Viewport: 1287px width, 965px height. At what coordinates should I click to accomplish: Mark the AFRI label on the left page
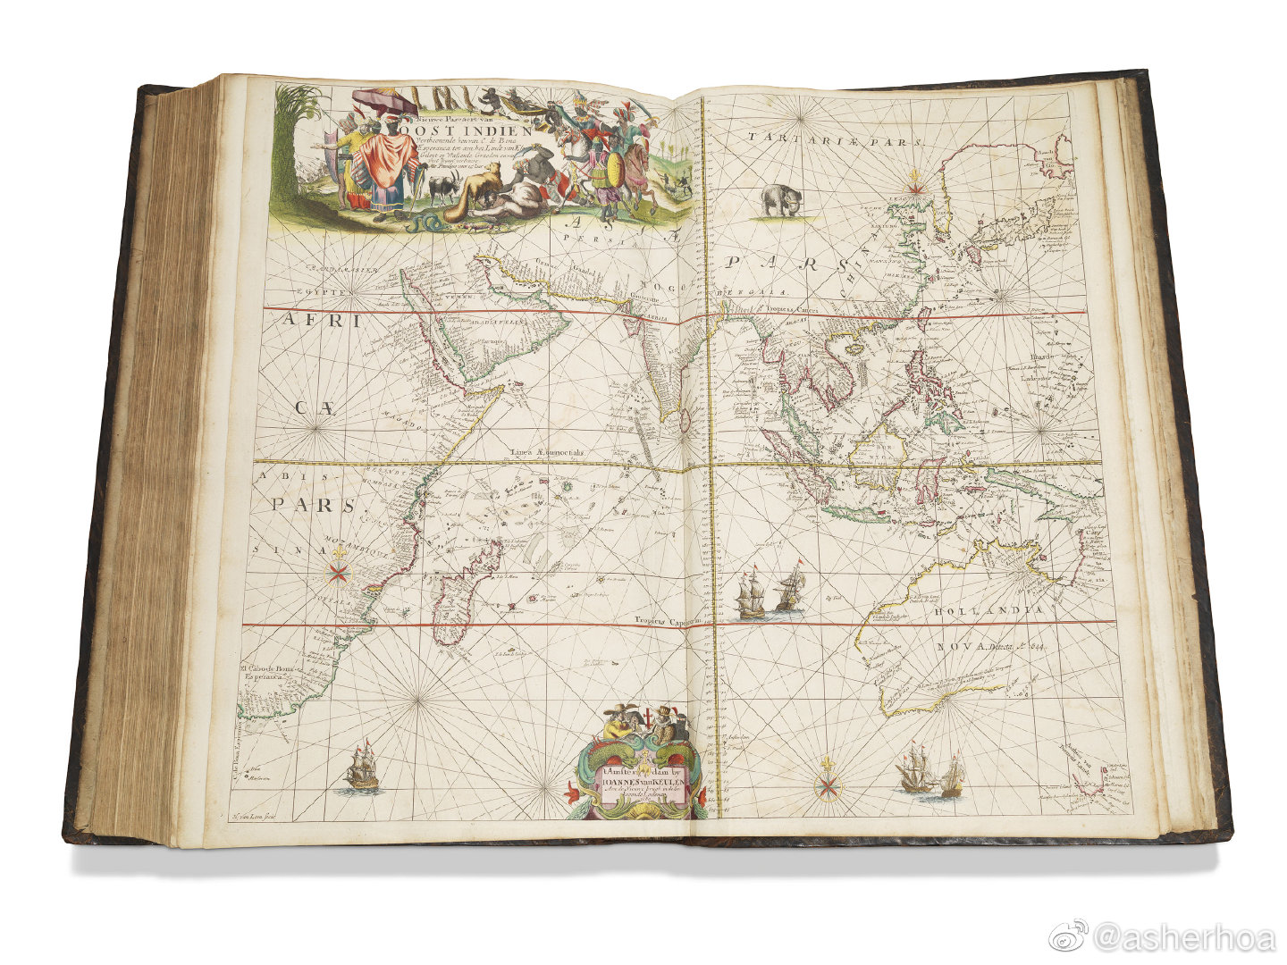[322, 322]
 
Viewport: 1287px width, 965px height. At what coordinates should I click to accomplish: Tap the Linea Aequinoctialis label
[548, 453]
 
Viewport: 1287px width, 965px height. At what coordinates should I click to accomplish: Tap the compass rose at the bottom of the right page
[828, 784]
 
